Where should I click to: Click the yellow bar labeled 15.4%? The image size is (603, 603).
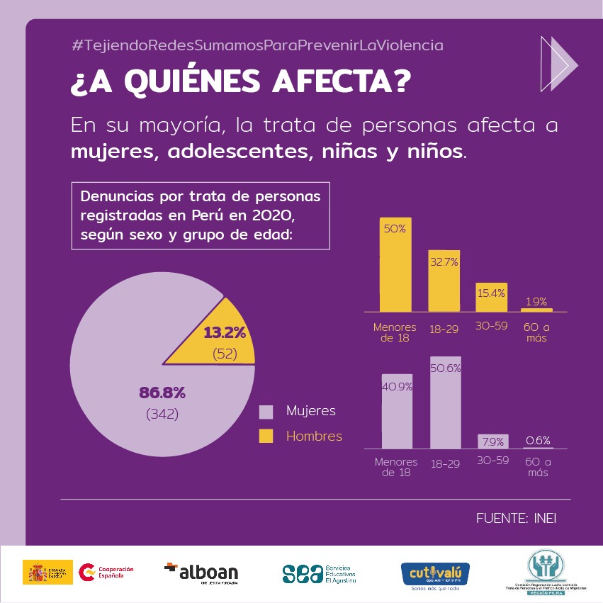point(491,298)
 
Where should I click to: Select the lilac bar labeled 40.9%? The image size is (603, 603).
point(397,411)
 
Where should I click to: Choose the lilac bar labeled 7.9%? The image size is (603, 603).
point(492,441)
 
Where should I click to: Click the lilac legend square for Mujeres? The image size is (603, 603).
point(266,412)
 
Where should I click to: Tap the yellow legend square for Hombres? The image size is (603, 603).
point(266,436)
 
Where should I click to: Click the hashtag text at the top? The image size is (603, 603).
point(257,45)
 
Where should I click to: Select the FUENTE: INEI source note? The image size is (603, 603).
point(516,518)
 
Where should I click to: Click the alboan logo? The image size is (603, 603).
point(201,571)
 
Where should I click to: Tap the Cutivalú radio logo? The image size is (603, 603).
point(435,573)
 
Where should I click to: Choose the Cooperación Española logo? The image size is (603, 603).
point(106,572)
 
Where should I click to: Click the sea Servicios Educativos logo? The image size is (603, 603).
point(319,573)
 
